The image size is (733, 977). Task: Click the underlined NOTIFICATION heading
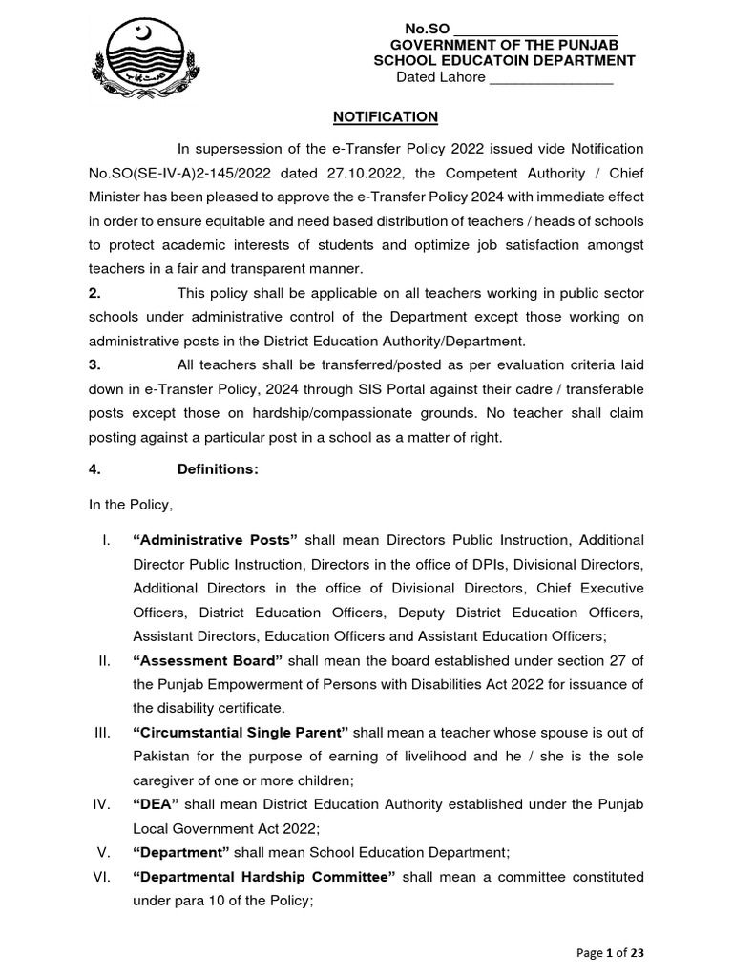pos(385,116)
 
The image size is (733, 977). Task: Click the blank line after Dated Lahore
pos(551,77)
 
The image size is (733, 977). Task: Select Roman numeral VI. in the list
pos(105,877)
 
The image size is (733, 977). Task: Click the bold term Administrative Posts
pos(216,539)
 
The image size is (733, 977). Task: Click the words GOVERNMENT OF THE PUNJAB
pos(505,46)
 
